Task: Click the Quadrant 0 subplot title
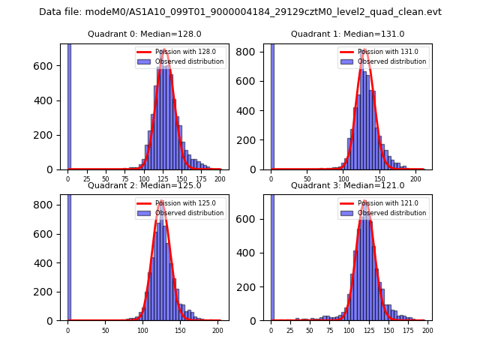click(145, 34)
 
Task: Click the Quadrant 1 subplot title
click(347, 34)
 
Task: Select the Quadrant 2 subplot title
click(145, 185)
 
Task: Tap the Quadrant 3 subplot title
click(347, 185)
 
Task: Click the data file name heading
click(240, 12)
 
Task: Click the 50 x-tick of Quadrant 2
click(105, 330)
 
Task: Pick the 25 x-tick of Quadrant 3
click(290, 330)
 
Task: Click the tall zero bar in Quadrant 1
click(271, 105)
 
